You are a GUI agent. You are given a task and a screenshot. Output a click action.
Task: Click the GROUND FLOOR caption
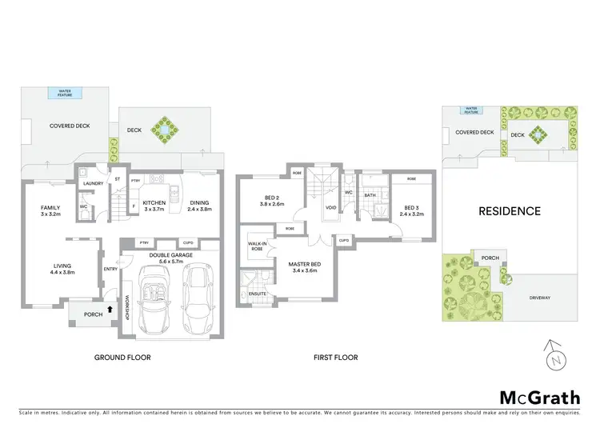[122, 357]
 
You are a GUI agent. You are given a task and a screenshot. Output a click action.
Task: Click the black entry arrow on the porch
[110, 305]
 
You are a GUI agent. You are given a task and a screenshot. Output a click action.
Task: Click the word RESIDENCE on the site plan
[510, 212]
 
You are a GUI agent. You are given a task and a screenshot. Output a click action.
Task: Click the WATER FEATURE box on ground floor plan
[65, 94]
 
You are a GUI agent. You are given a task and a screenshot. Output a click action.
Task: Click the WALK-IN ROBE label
[257, 246]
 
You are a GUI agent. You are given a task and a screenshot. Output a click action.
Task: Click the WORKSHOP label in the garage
[126, 308]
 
